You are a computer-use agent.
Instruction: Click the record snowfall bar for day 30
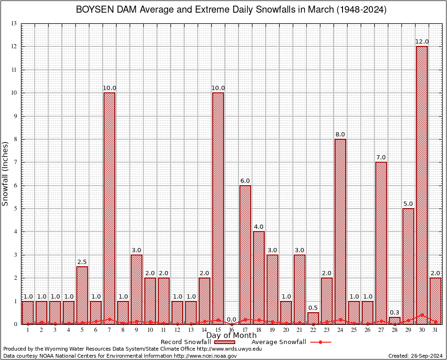pos(422,185)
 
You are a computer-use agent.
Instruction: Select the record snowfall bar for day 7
pos(109,208)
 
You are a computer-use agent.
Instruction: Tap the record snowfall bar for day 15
pos(218,208)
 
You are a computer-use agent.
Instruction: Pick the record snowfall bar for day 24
pos(340,232)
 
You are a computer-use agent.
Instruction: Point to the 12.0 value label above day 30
pos(422,42)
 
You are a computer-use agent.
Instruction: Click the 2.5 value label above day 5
pos(82,262)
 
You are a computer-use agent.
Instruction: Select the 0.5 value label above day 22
pos(313,307)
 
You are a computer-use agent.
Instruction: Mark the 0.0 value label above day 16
pos(231,319)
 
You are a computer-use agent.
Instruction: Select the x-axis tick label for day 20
pos(286,330)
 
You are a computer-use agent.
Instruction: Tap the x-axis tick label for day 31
pos(435,330)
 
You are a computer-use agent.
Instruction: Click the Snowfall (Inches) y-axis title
pos(6,173)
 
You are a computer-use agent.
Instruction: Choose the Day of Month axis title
pos(231,336)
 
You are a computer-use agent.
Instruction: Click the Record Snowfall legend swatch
pos(226,342)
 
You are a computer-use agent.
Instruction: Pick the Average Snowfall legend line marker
pos(320,342)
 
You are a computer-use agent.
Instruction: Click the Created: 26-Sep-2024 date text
pos(416,356)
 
